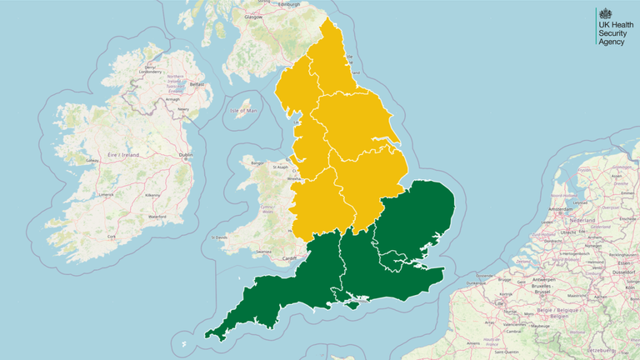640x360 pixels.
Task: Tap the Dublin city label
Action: (x=185, y=155)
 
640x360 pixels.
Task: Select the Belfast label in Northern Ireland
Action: (x=197, y=84)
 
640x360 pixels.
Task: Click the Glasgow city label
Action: (x=253, y=16)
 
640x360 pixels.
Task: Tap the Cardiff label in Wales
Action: (x=290, y=257)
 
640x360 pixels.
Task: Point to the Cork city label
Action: (x=112, y=237)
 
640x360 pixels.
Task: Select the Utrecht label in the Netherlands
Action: (x=574, y=232)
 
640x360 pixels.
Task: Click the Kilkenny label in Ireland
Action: (x=152, y=195)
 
